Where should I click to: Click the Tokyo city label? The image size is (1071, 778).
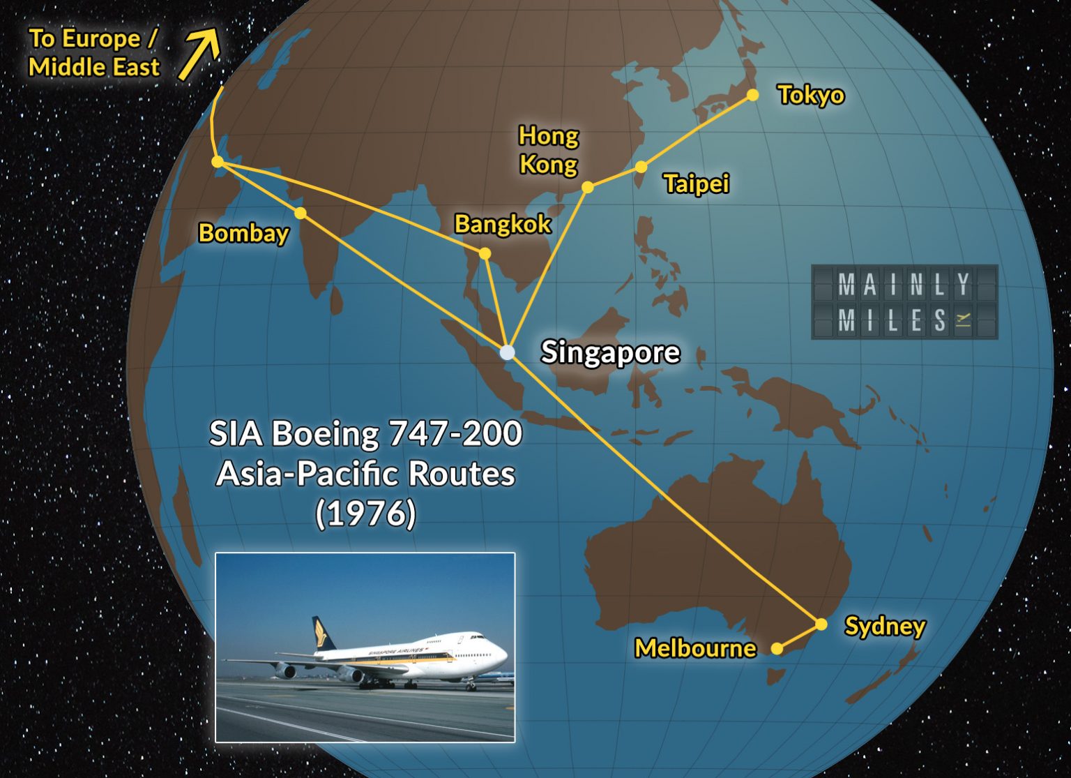(x=811, y=95)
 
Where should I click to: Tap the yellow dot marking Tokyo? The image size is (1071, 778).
(x=753, y=95)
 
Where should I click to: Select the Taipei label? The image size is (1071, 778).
(x=697, y=184)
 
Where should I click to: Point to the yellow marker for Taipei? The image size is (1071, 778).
(x=641, y=167)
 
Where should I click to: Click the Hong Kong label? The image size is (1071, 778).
(x=549, y=150)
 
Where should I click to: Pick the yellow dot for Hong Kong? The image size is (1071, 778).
(x=588, y=187)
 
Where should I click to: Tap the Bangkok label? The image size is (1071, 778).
(x=503, y=224)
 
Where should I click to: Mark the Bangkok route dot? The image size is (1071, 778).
(x=485, y=253)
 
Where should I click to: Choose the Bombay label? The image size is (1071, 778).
(x=243, y=233)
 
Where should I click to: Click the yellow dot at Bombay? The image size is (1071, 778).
(x=300, y=213)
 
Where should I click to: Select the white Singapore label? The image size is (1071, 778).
(x=610, y=352)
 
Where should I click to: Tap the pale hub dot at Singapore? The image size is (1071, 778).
(x=508, y=352)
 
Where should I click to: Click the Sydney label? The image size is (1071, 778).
(x=885, y=626)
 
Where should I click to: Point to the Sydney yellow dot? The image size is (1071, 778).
(x=821, y=624)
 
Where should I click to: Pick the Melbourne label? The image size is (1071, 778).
(x=695, y=649)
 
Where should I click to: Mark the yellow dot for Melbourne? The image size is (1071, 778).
(x=777, y=649)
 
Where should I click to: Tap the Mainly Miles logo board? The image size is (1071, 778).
(x=904, y=302)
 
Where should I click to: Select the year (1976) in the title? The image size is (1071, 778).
(x=365, y=514)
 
